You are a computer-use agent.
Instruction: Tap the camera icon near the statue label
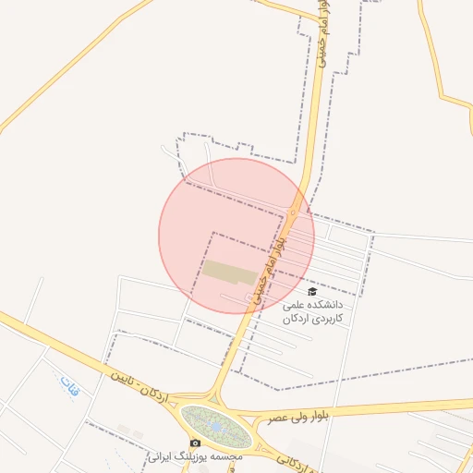pos(196,443)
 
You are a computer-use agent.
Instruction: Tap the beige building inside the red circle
pos(230,272)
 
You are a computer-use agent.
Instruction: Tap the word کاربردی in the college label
pos(328,318)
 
